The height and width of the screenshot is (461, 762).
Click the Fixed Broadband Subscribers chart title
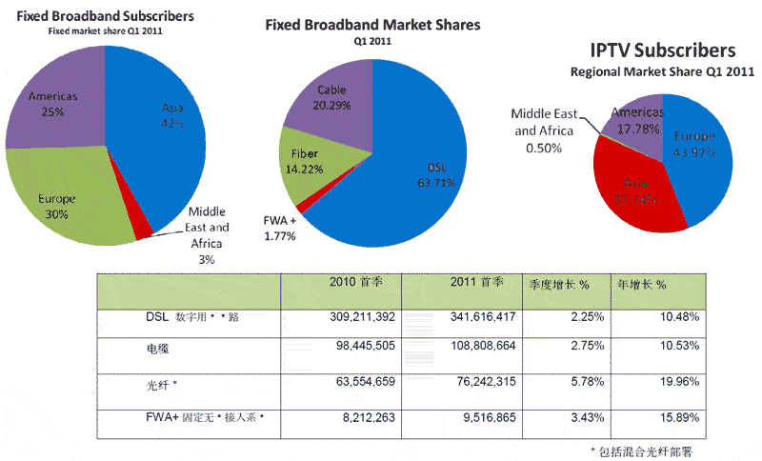pos(105,16)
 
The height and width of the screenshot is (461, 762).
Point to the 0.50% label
pos(543,148)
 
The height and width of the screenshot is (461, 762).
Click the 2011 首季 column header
pos(460,285)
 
